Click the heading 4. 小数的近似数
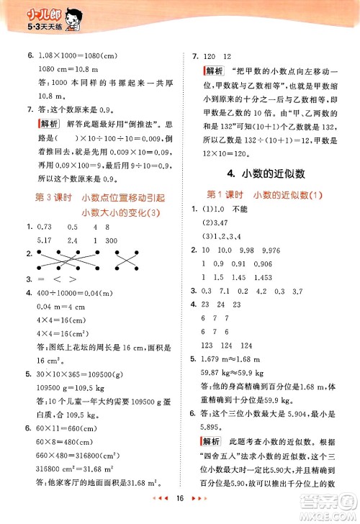tap(269, 173)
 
